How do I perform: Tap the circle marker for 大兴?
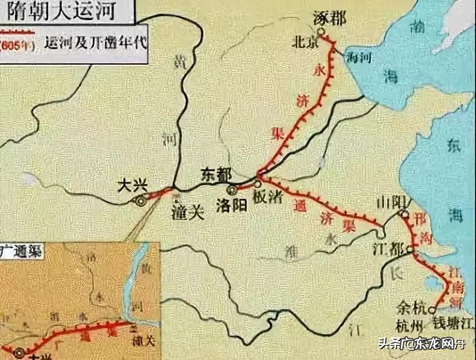point(141,201)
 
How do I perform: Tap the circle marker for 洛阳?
point(232,190)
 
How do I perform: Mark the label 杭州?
point(411,326)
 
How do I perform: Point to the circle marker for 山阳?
point(404,214)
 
